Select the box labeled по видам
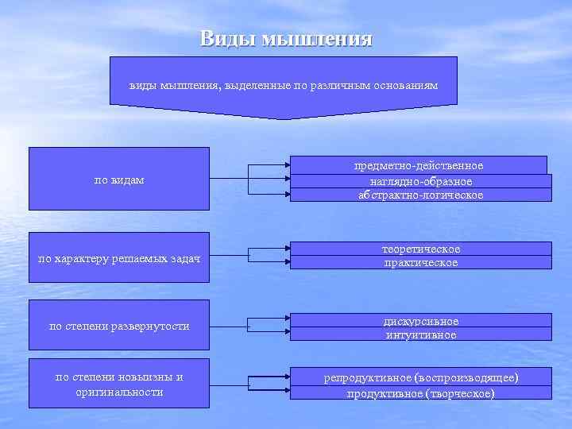click(x=119, y=180)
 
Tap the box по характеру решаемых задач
click(x=119, y=258)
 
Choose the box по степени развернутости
click(x=119, y=326)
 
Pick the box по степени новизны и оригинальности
click(x=119, y=385)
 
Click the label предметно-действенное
click(x=418, y=165)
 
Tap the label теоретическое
click(x=421, y=249)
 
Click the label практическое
click(x=421, y=263)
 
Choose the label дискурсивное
click(x=421, y=321)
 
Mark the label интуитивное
click(x=421, y=334)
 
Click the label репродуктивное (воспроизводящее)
click(x=421, y=377)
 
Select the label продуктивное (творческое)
click(x=421, y=393)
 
